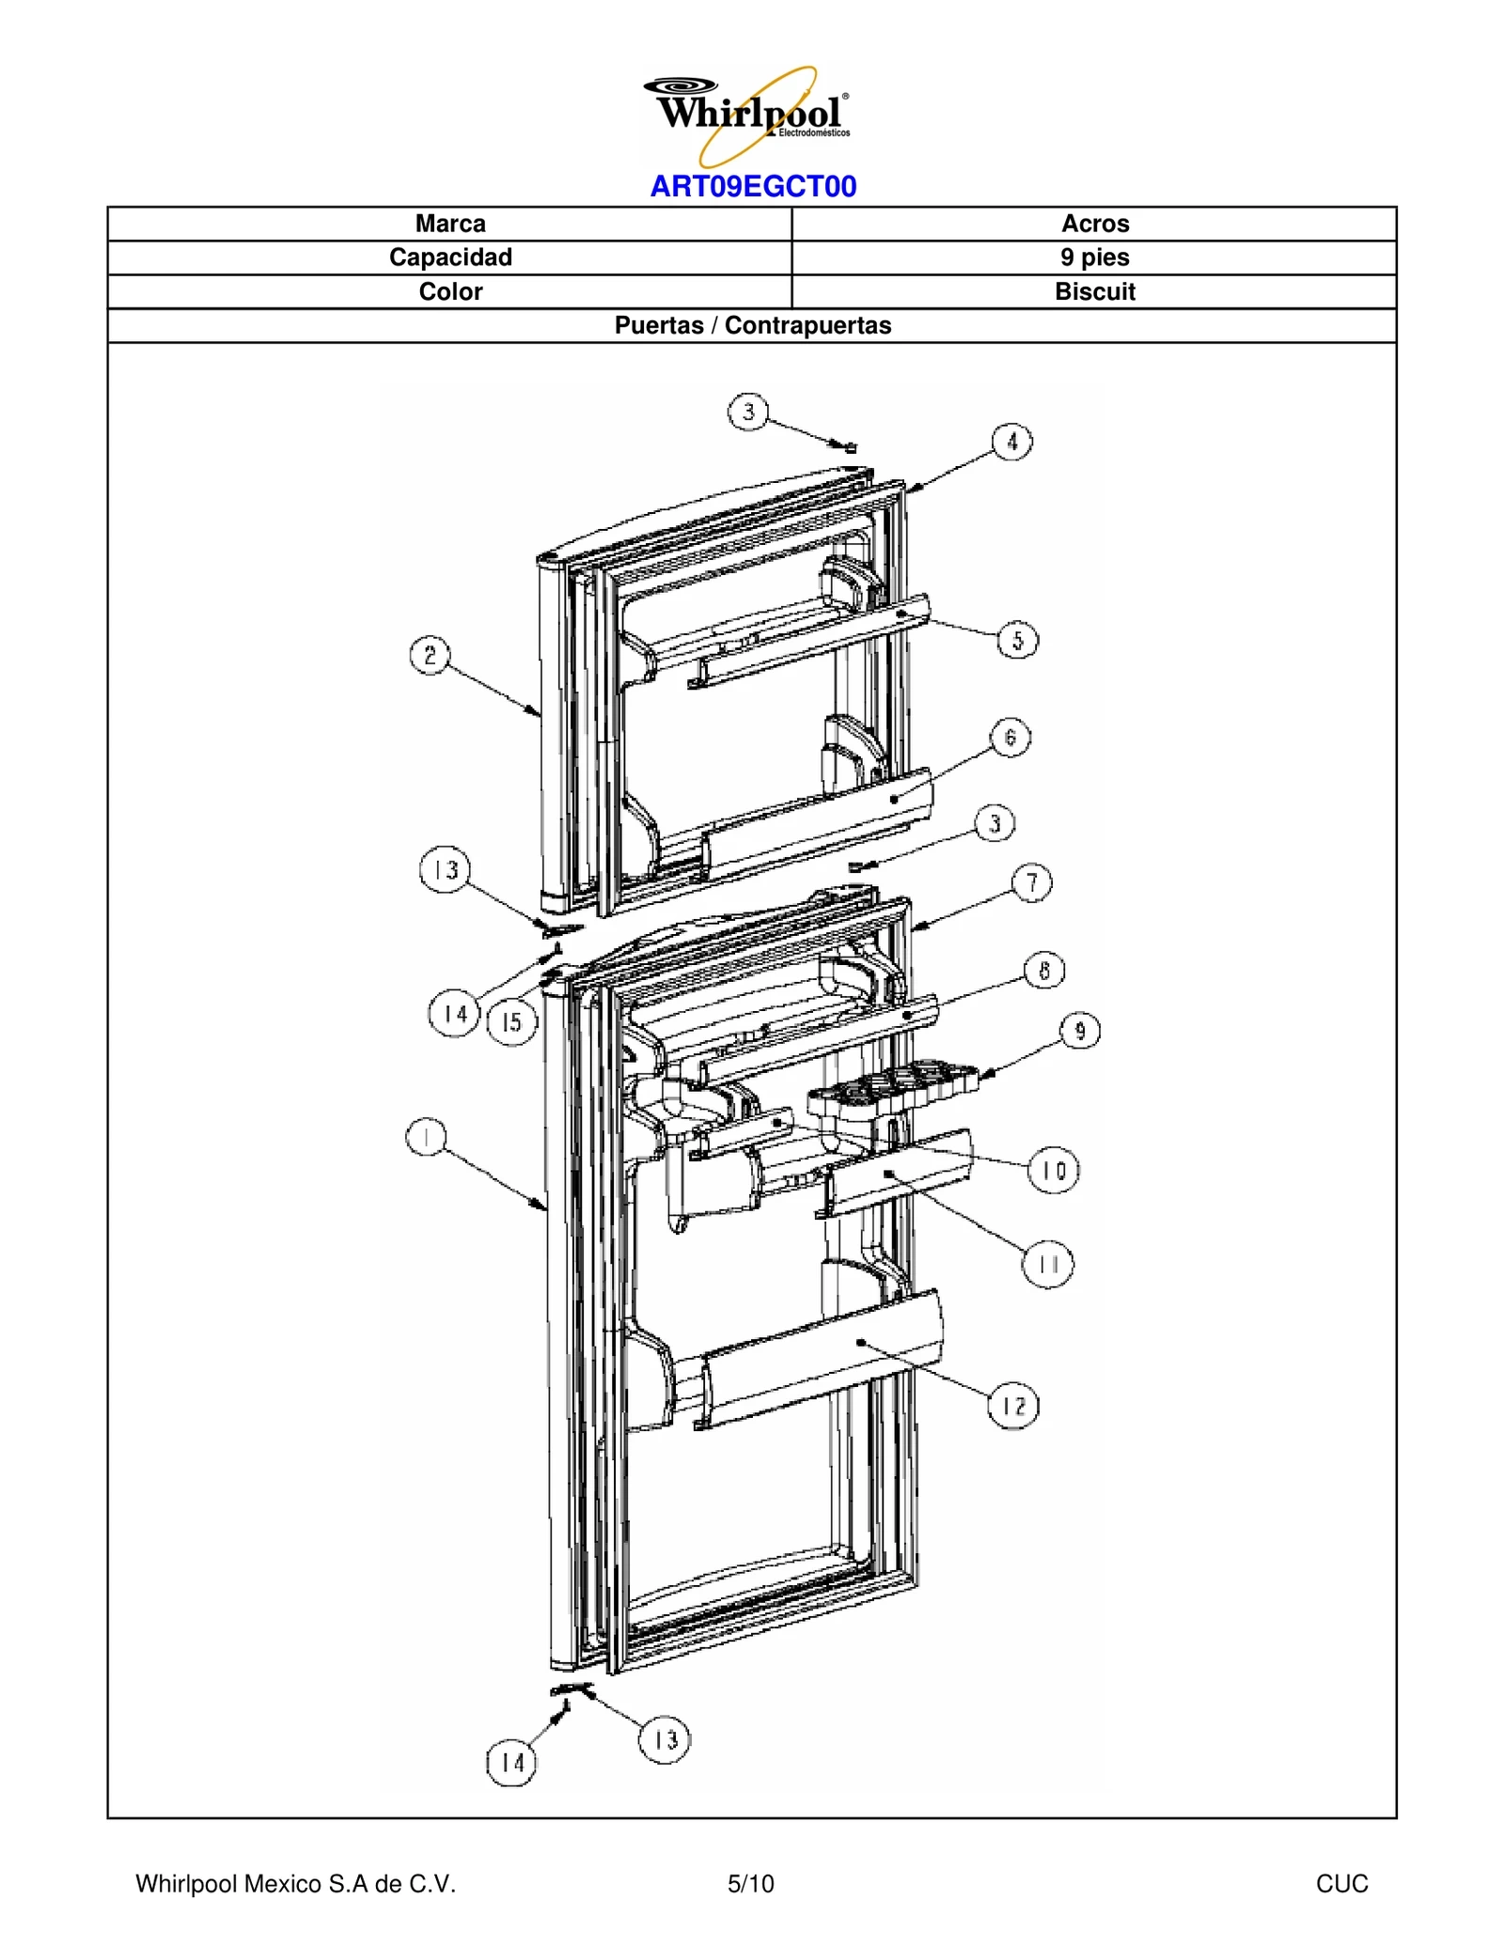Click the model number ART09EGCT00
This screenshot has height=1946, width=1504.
753,187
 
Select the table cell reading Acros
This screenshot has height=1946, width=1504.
1094,224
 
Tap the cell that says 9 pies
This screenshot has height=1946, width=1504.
1094,257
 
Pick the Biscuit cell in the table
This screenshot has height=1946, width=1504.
1094,291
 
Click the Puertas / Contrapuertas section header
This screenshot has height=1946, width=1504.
752,325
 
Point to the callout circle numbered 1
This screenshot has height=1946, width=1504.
427,1138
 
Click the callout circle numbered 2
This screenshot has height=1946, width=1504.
431,655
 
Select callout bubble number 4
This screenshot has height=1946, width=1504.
1012,442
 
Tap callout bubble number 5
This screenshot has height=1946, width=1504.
1017,641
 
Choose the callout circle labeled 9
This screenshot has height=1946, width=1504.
1080,1032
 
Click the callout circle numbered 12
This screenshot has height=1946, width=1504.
1013,1406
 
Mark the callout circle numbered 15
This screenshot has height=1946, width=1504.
511,1022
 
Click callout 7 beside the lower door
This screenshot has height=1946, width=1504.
1032,883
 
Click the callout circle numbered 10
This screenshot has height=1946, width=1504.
1054,1171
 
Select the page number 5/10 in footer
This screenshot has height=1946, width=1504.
751,1883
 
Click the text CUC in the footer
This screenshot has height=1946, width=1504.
1341,1883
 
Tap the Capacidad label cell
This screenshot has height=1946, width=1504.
450,257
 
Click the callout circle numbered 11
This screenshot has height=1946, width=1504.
1047,1265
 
